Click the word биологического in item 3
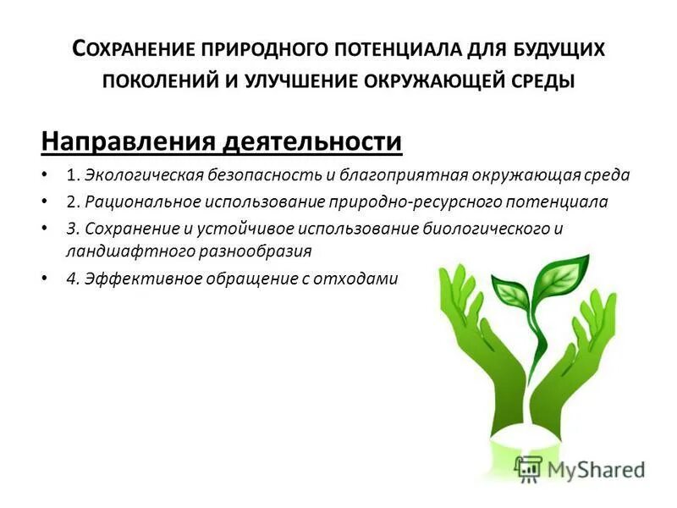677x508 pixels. (x=478, y=228)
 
